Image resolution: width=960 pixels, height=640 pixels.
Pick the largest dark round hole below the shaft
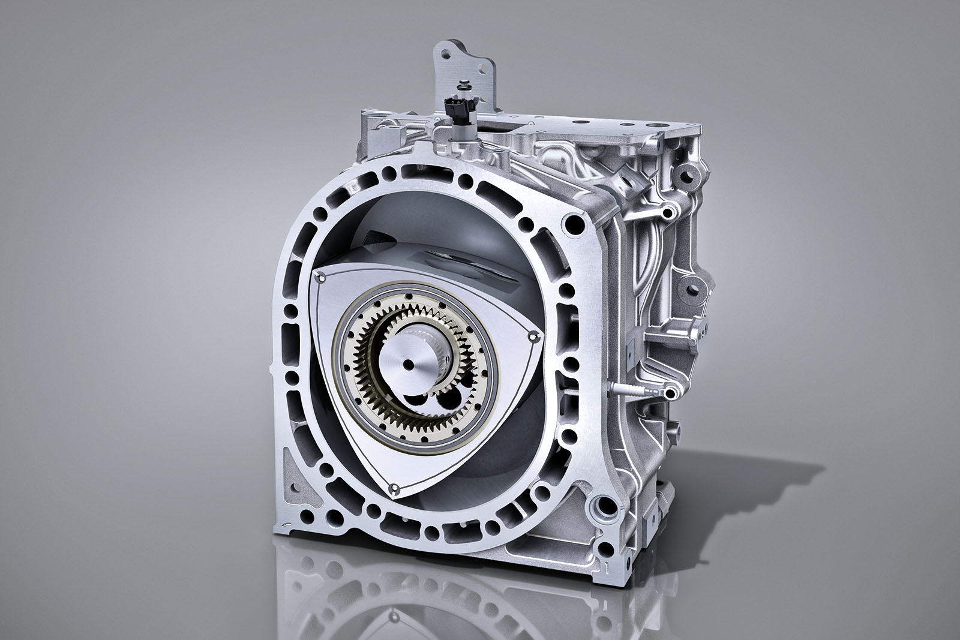tap(448, 399)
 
